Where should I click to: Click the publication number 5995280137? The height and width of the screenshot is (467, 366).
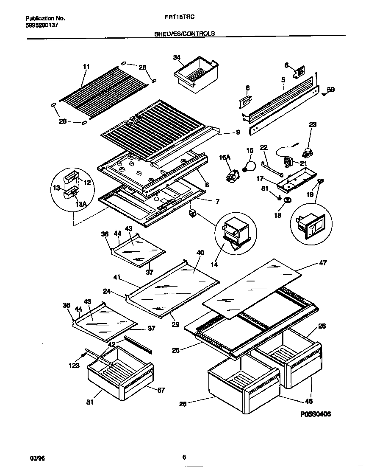click(42, 25)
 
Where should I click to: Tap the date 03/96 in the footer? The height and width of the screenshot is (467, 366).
click(37, 458)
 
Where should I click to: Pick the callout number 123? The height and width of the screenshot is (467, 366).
click(74, 365)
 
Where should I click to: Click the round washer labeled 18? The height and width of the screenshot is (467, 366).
click(288, 200)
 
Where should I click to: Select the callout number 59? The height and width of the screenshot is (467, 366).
click(330, 90)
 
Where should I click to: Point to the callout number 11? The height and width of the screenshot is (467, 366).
click(86, 66)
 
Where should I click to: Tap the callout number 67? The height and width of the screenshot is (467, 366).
click(161, 390)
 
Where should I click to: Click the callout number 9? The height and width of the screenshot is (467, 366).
click(238, 132)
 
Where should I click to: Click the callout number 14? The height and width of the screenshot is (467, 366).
click(214, 264)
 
